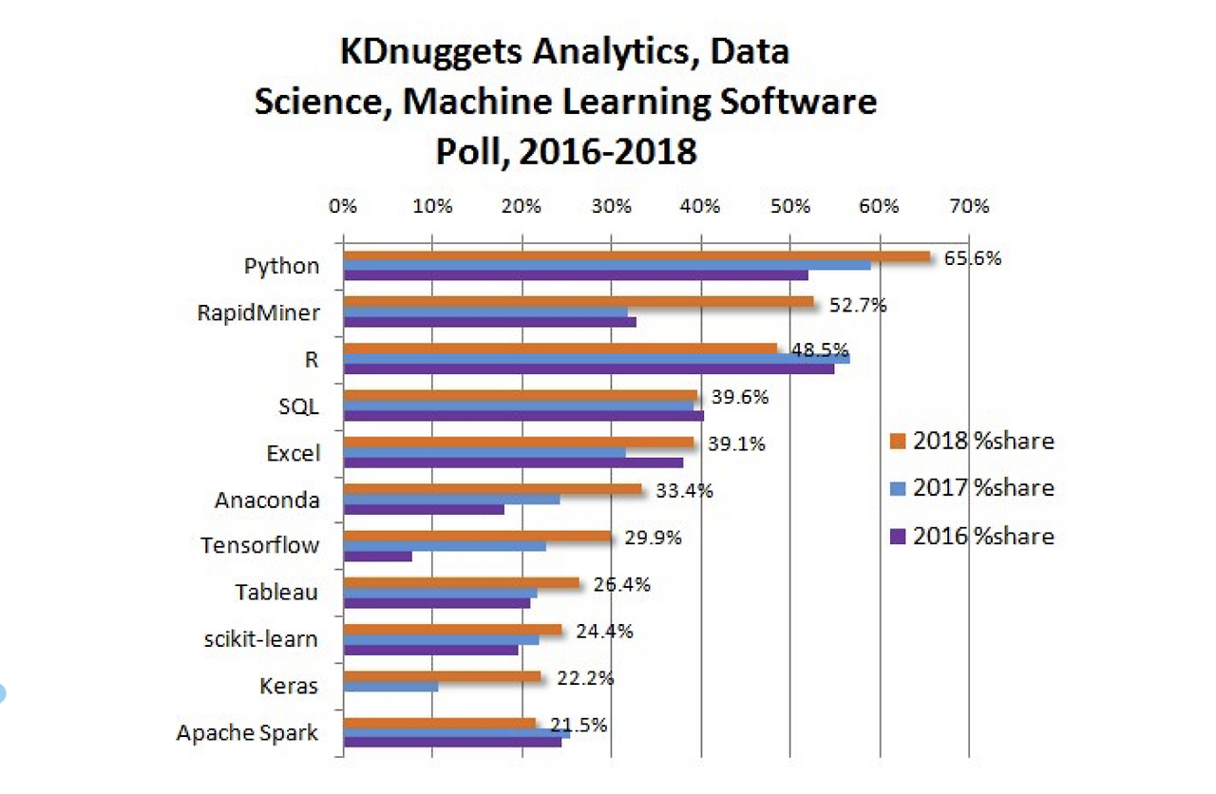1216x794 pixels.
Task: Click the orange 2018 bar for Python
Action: click(x=636, y=255)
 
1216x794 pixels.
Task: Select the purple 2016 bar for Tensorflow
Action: click(x=378, y=556)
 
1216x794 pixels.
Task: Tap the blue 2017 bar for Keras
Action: click(x=390, y=686)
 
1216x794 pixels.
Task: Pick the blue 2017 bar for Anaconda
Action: click(x=451, y=499)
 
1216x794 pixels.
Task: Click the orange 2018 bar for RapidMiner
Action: click(x=579, y=302)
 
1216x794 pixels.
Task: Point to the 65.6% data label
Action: click(x=973, y=257)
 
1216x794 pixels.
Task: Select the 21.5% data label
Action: click(x=579, y=725)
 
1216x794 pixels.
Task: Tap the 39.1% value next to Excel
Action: click(x=736, y=444)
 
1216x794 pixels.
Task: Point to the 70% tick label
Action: click(x=969, y=206)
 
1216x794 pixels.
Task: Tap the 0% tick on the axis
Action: click(x=343, y=206)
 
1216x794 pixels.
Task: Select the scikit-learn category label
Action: click(x=261, y=639)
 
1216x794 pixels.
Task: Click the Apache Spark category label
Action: click(x=247, y=733)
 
